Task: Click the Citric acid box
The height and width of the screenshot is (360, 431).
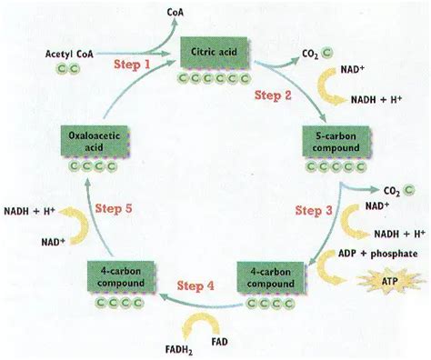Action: coord(215,52)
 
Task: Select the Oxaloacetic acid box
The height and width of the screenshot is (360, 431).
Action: coord(95,141)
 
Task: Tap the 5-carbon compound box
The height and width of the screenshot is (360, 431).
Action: coord(336,142)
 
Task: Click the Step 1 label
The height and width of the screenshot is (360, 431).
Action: coord(132,65)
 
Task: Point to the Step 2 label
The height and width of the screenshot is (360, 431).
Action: coord(273,95)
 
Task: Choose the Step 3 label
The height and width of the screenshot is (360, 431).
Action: coord(314,210)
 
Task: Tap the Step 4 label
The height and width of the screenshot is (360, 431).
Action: coord(195,285)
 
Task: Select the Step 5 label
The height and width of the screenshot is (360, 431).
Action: coord(114,209)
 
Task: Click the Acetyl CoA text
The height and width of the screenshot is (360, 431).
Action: coord(69,55)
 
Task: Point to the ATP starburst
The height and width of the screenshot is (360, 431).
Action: coord(390,281)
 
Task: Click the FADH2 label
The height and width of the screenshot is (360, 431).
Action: coord(179,350)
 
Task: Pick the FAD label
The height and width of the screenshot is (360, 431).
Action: coord(219,342)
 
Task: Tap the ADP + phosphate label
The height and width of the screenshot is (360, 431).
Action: coord(377,254)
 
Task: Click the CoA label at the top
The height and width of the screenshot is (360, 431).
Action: coord(175,13)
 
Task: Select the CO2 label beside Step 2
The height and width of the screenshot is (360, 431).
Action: coord(310,54)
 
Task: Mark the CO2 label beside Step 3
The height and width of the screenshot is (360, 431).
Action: coord(392,191)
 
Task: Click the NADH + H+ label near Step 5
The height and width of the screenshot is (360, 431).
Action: coord(29,211)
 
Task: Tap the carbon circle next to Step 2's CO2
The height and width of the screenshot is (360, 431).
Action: coord(327,53)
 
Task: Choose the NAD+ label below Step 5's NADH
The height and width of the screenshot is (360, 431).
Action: coord(54,242)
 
